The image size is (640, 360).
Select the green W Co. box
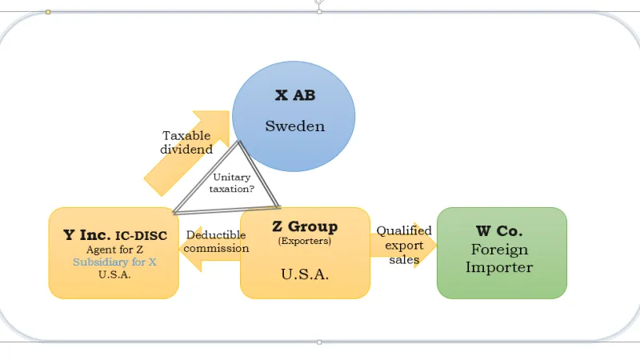502,253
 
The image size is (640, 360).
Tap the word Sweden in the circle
294,126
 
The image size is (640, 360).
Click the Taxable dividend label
186,142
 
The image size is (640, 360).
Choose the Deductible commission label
217,242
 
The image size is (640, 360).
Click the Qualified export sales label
404,245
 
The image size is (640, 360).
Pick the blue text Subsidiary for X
114,262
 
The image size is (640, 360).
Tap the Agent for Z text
114,250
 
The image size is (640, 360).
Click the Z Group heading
305,226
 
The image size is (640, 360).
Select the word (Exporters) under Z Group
304,241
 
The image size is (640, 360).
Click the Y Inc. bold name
86,235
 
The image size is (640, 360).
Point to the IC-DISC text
141,236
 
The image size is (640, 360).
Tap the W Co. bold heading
500,230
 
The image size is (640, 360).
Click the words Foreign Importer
500,258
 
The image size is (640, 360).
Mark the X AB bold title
294,95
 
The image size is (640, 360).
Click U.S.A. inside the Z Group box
304,274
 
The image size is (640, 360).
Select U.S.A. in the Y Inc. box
114,274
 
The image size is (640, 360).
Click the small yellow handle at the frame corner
48,12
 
